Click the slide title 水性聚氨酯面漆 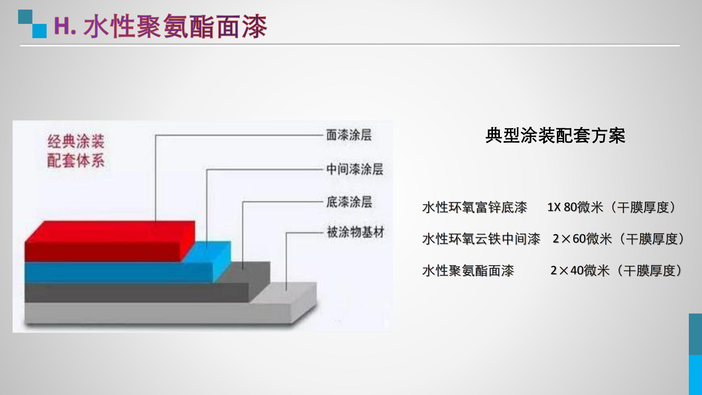click(175, 26)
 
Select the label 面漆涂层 click(349, 135)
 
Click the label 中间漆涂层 click(354, 169)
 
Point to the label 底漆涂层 click(349, 202)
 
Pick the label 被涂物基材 click(356, 232)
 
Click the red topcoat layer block click(110, 241)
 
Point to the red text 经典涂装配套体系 click(76, 151)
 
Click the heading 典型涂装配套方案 click(555, 136)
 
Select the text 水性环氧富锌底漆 click(475, 207)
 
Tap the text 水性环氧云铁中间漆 click(481, 239)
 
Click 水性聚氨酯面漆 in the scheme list click(468, 271)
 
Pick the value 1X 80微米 click(575, 207)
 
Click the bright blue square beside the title click(40, 31)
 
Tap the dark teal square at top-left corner click(25, 17)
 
